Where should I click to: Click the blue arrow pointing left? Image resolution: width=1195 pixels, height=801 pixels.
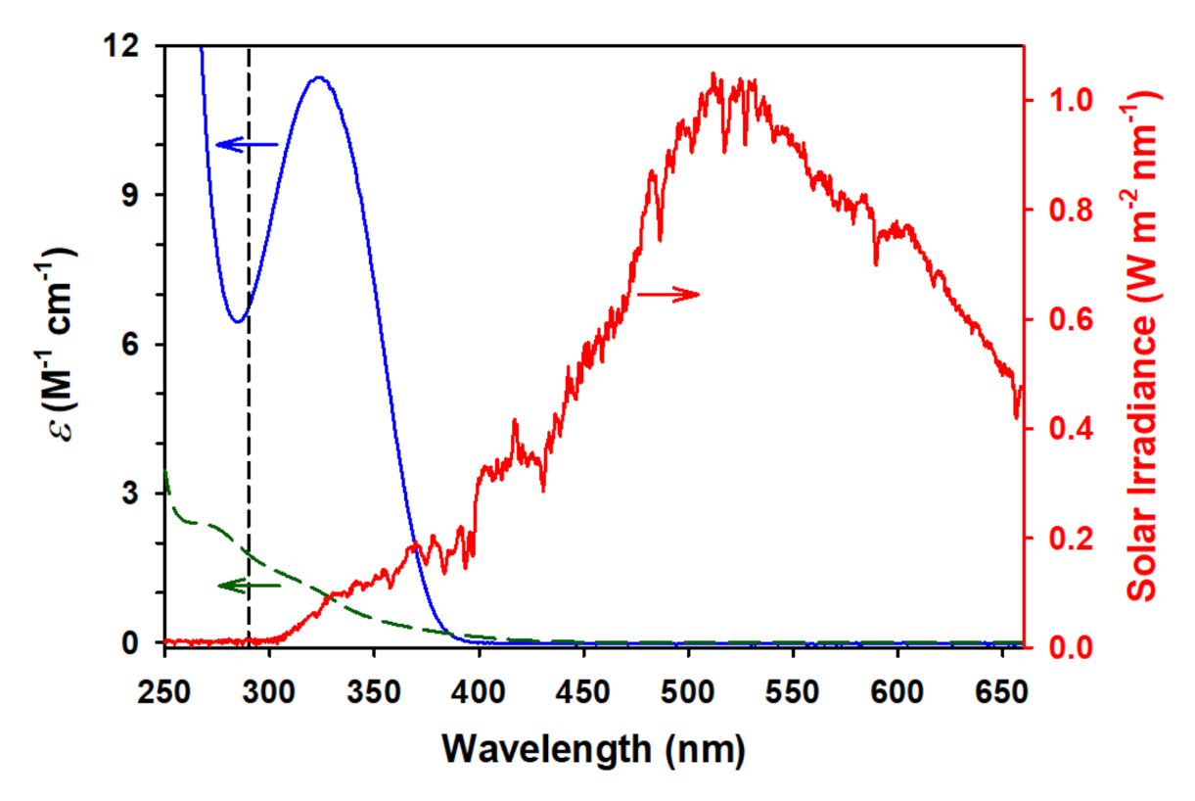tap(247, 145)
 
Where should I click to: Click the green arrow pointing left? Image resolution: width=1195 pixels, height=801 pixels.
tap(249, 586)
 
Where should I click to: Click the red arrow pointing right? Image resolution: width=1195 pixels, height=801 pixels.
tap(668, 294)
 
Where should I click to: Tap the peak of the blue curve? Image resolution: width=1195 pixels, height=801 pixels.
tap(318, 77)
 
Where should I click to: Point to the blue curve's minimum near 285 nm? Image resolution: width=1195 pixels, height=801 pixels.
tap(237, 320)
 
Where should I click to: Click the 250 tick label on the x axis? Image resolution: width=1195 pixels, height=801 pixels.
tap(165, 678)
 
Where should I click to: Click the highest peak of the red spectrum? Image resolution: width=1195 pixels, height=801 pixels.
tap(713, 74)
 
